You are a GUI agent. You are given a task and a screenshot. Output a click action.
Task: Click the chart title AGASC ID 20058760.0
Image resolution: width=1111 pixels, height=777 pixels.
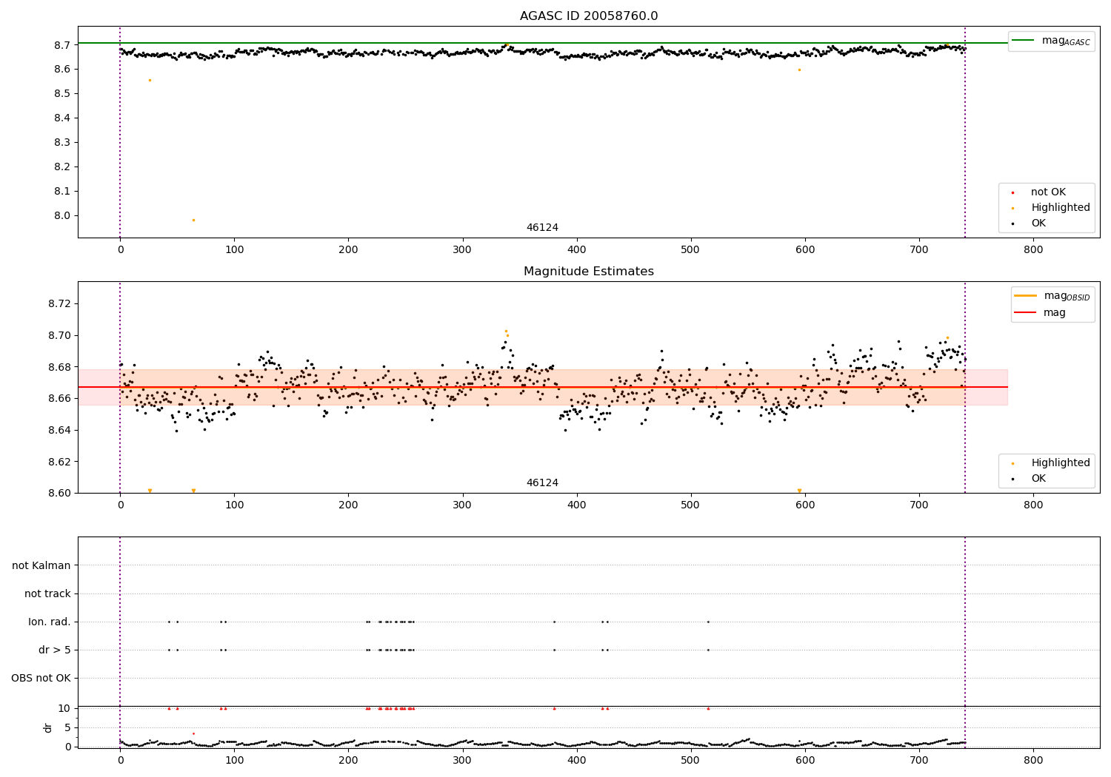tap(588, 16)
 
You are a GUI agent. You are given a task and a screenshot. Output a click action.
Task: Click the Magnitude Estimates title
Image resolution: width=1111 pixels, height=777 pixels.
tap(588, 272)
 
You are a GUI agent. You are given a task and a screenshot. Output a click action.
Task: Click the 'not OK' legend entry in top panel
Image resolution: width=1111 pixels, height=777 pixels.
tap(1048, 192)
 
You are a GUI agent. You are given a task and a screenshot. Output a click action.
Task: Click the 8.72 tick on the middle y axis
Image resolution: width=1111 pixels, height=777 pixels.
tap(59, 303)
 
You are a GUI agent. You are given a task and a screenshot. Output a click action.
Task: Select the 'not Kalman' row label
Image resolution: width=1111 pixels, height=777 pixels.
tap(41, 565)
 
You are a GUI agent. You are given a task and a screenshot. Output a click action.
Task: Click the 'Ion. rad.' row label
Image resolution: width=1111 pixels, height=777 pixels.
tap(50, 622)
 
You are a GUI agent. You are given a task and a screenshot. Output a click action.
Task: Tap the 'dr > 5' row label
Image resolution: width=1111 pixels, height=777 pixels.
tap(54, 650)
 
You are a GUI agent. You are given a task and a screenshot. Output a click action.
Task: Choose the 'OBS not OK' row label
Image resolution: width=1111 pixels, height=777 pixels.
tap(41, 678)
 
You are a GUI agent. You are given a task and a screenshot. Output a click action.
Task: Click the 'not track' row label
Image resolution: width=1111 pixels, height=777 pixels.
tap(47, 593)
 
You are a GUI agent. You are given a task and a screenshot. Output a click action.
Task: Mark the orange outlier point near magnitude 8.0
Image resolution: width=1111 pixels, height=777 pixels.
tap(194, 220)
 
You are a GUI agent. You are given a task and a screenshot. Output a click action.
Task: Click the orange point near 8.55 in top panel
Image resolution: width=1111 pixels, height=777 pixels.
tap(150, 80)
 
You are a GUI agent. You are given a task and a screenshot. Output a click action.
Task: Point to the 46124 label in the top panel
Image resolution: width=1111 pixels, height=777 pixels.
tap(542, 228)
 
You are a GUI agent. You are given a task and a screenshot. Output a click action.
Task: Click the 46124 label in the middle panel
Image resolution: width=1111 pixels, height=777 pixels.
tap(542, 483)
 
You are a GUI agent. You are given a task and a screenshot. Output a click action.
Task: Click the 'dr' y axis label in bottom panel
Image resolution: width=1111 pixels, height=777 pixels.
tap(48, 727)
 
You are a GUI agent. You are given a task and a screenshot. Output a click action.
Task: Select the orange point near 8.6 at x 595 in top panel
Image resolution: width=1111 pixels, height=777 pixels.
tap(799, 70)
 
